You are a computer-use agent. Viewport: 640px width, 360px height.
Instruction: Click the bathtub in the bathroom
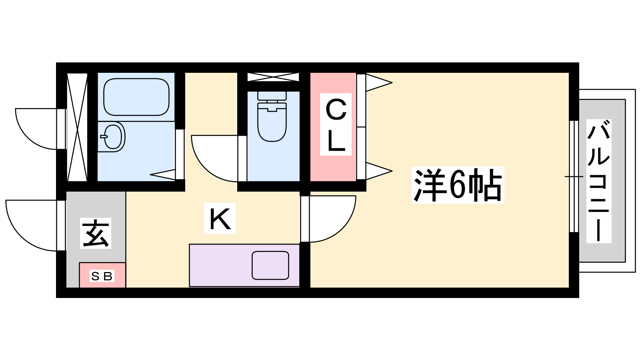[x=136, y=97]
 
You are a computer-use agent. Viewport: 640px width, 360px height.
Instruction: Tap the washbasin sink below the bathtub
[x=113, y=136]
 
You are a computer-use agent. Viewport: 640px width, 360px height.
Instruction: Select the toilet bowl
[x=272, y=122]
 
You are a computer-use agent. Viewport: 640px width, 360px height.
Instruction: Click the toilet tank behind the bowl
[x=272, y=96]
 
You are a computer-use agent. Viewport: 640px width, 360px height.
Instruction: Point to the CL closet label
[x=336, y=124]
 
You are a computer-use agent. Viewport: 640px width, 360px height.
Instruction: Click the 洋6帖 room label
[x=458, y=185]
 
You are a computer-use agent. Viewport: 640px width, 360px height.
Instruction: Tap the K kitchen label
[x=220, y=218]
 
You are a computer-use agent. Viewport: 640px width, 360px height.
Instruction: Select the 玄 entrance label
[x=96, y=233]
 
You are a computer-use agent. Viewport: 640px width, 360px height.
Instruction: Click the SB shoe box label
[x=102, y=276]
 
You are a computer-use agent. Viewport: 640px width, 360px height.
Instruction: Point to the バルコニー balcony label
[x=599, y=181]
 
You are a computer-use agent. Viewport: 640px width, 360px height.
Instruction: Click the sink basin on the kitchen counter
[x=270, y=266]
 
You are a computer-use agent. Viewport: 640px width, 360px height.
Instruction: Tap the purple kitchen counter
[x=244, y=266]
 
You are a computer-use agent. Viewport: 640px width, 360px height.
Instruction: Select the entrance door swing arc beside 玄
[x=32, y=226]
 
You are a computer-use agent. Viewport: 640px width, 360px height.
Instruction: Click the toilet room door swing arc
[x=214, y=158]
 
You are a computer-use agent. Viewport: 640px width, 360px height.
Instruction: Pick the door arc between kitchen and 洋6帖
[x=333, y=219]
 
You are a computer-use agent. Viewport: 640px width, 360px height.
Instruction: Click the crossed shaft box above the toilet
[x=273, y=77]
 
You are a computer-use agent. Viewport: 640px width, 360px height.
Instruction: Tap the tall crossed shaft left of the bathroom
[x=77, y=127]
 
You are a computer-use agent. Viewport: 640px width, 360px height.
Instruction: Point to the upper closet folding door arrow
[x=379, y=83]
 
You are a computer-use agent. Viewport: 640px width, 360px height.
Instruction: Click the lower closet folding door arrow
[x=379, y=171]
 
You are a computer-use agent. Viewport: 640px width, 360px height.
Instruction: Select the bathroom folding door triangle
[x=163, y=175]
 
